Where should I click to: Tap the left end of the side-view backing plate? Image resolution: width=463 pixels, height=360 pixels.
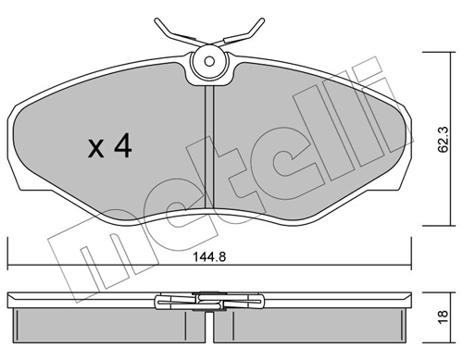tap(9, 300)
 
